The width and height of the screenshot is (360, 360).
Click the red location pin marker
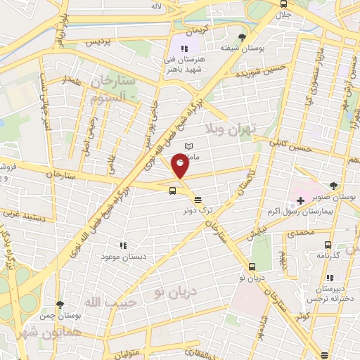click(180, 166)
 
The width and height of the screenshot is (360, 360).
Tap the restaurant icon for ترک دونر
click(198, 199)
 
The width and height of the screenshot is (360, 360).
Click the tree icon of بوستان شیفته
click(243, 37)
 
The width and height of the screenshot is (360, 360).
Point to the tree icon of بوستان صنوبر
click(333, 186)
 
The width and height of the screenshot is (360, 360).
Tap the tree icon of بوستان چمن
click(60, 305)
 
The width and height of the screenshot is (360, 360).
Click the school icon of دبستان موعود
click(122, 246)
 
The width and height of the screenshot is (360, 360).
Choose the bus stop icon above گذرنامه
click(328, 245)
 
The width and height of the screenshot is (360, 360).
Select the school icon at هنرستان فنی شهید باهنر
click(184, 49)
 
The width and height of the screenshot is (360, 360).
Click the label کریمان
click(198, 32)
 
